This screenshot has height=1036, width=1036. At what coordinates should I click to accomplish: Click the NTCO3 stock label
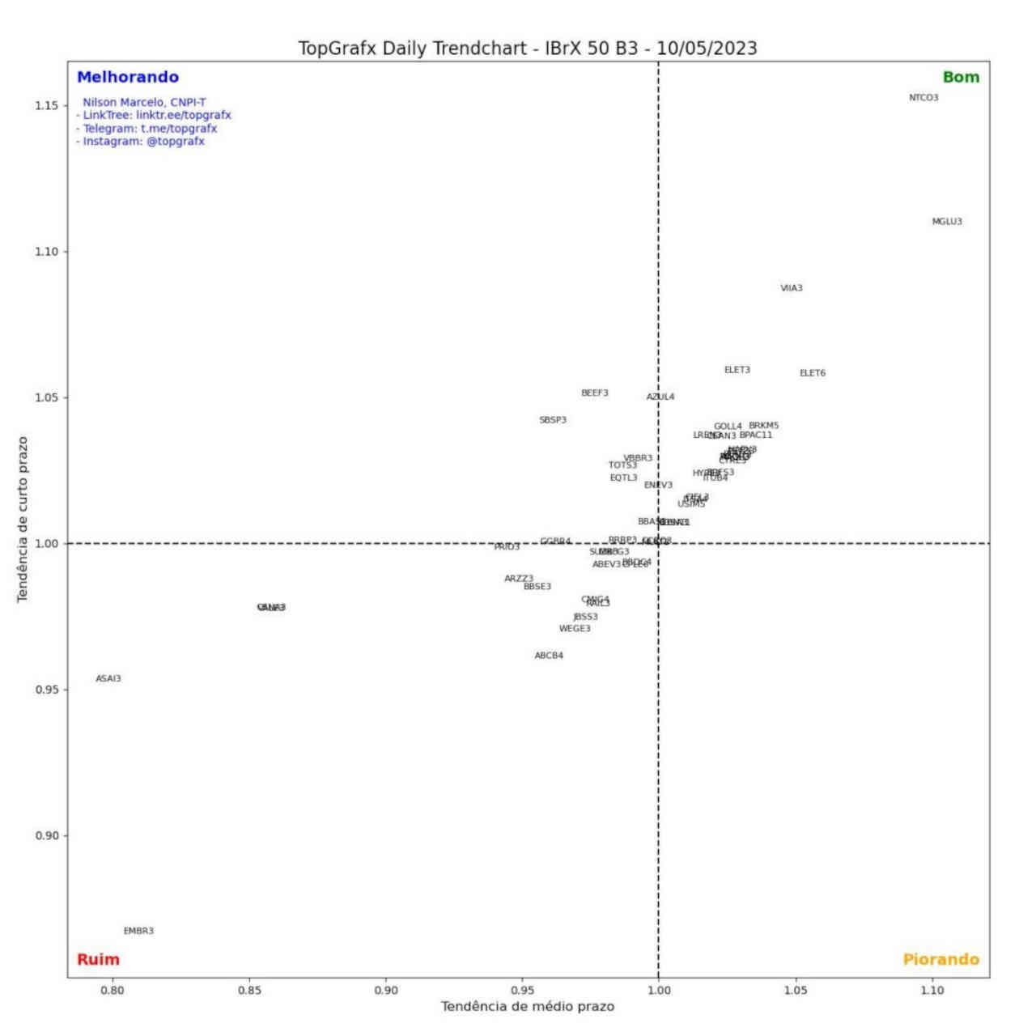(x=923, y=98)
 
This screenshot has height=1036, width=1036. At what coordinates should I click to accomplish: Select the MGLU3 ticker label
(x=947, y=222)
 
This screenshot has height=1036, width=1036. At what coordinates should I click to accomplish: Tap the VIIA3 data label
(x=792, y=288)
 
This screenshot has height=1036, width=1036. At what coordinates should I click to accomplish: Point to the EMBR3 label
(x=138, y=931)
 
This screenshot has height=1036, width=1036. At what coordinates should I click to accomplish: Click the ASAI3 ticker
(x=108, y=678)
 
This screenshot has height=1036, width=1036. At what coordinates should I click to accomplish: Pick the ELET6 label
(x=813, y=373)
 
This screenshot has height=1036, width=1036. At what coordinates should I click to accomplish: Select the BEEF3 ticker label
(x=595, y=393)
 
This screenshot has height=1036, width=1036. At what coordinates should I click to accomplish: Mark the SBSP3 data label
(x=553, y=420)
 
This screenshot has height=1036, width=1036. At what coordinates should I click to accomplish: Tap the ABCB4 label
(x=549, y=656)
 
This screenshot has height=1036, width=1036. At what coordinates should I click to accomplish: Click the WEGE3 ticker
(x=575, y=629)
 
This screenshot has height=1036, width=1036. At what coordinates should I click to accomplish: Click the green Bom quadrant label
(x=961, y=78)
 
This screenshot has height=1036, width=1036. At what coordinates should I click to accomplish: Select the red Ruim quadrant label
(x=98, y=960)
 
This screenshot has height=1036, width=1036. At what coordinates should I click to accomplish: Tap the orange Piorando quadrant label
(x=940, y=960)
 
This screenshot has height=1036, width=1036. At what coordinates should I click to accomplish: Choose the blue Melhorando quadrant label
(x=128, y=78)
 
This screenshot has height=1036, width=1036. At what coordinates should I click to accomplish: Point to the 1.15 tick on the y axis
(x=46, y=106)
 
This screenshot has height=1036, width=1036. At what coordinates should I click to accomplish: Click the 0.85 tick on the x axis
(x=249, y=990)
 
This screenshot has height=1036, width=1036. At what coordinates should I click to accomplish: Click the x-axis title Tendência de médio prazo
(x=528, y=1007)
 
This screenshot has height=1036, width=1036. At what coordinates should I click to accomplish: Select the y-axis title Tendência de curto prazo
(x=23, y=519)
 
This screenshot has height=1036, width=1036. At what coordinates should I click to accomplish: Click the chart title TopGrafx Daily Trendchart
(x=528, y=48)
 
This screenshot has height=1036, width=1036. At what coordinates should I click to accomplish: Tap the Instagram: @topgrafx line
(x=141, y=142)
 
